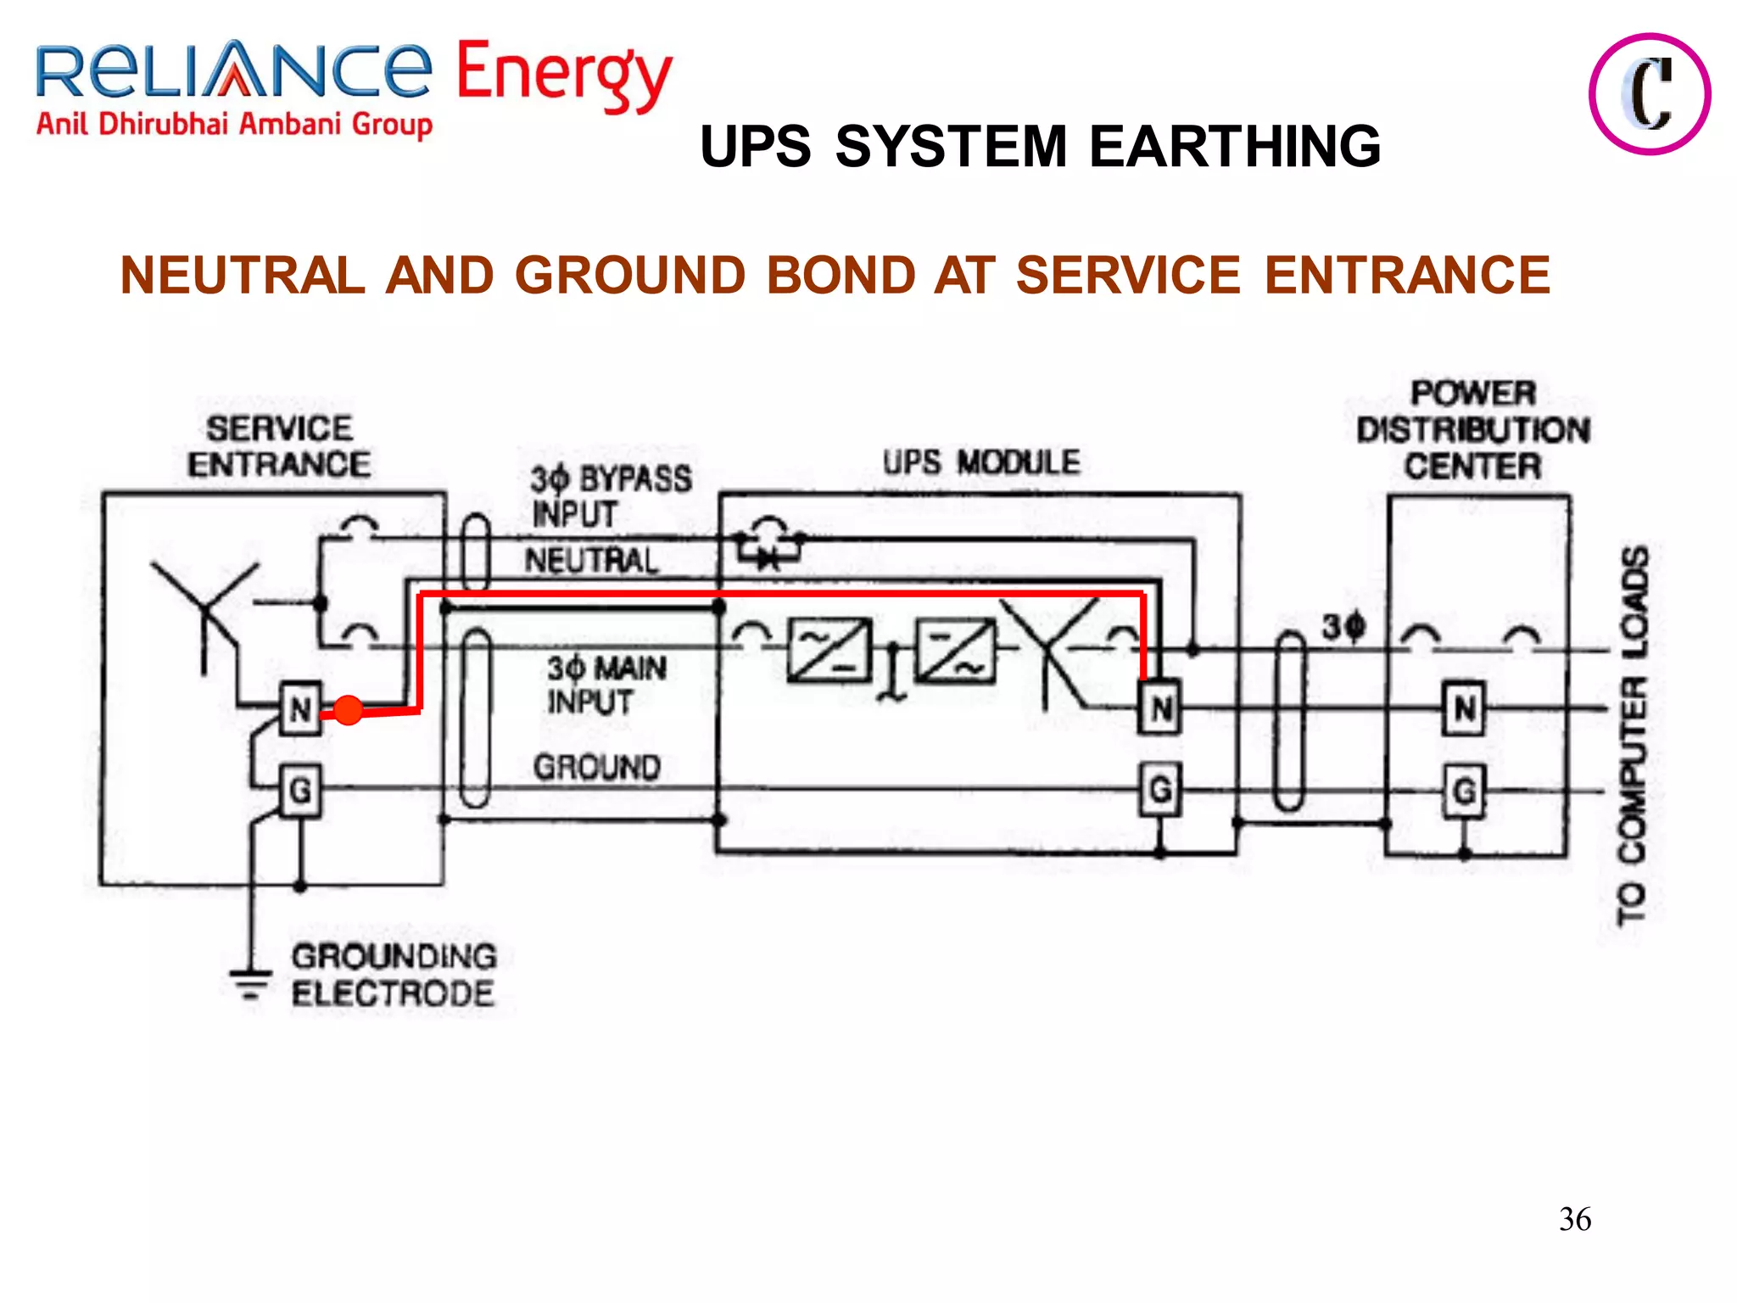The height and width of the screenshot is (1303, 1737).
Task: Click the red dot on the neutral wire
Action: click(348, 709)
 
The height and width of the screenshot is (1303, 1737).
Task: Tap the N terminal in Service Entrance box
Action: click(301, 707)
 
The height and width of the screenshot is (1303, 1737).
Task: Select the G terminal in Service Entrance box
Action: click(301, 791)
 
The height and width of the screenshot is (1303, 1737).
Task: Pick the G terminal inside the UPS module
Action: click(1160, 790)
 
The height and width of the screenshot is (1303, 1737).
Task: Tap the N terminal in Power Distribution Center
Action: click(1465, 707)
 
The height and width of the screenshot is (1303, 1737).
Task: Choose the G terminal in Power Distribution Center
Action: click(1465, 791)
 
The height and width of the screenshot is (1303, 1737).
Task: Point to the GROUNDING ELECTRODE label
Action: click(394, 975)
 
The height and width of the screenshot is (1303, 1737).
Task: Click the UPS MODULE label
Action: click(981, 462)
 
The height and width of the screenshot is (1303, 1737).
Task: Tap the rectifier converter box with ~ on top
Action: click(829, 651)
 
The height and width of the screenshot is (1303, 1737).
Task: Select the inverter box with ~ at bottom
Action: click(956, 651)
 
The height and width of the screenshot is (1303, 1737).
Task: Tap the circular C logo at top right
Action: click(1649, 94)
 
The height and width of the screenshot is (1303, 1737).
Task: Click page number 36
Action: click(1574, 1219)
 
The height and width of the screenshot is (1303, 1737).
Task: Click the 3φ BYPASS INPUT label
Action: click(609, 496)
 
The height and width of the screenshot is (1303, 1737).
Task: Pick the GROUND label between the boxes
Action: click(597, 767)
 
